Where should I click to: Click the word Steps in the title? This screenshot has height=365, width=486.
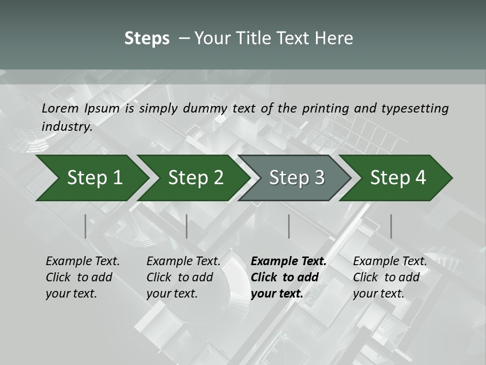(147, 39)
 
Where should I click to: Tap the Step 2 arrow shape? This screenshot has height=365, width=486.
(195, 178)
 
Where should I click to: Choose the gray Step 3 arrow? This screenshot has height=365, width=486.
(297, 178)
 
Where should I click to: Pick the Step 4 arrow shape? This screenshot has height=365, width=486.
(398, 178)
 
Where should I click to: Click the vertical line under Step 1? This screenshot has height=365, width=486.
(86, 226)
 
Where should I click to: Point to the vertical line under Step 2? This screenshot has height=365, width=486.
(187, 226)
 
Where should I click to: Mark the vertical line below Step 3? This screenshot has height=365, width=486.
(289, 226)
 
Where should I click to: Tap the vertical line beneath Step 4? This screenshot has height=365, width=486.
(391, 226)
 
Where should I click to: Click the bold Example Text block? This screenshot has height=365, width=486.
(289, 277)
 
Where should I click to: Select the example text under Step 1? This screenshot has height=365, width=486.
(83, 277)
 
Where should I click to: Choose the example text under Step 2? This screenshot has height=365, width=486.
(183, 277)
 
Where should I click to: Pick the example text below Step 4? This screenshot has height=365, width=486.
(390, 277)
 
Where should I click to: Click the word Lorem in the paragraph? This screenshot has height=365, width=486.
(60, 108)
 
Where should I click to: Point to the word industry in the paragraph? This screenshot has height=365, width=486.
(67, 126)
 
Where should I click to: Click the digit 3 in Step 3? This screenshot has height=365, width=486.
(319, 178)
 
